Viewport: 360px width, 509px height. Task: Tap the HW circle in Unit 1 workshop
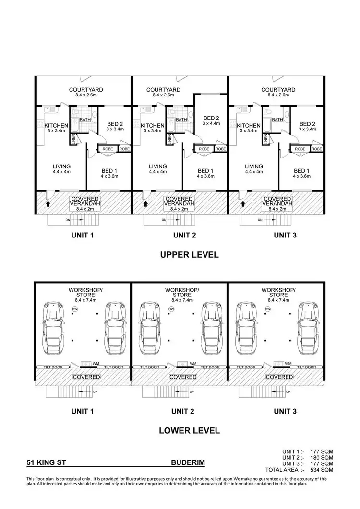coord(74,309)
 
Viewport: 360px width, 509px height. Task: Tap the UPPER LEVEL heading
coord(189,255)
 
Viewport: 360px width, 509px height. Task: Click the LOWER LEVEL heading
coord(189,430)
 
